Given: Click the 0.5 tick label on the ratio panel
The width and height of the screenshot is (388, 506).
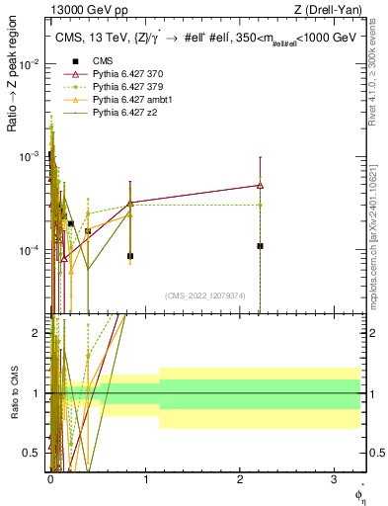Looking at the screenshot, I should click(x=34, y=453).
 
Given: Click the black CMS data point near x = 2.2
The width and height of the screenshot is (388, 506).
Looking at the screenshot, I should click(x=260, y=245).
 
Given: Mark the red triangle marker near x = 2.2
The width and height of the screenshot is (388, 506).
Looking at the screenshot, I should click(x=260, y=185).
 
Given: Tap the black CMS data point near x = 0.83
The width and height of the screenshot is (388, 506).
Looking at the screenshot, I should click(x=130, y=256).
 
